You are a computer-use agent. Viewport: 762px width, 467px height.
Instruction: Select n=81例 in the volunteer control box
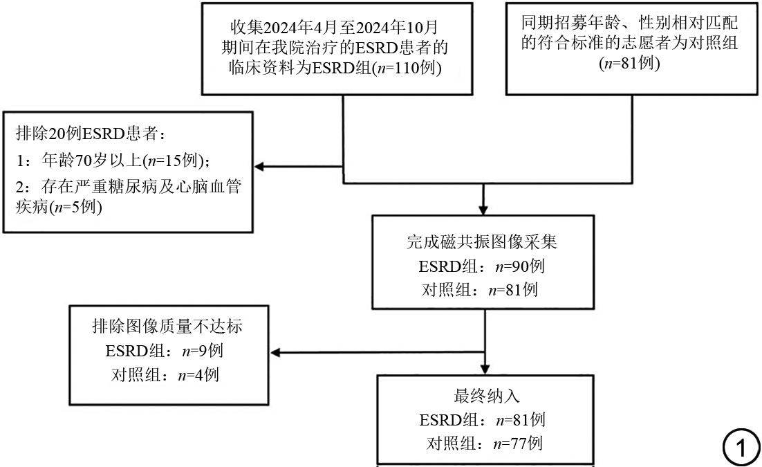coord(630,63)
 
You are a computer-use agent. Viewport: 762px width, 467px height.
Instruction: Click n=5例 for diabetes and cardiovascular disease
coord(77,208)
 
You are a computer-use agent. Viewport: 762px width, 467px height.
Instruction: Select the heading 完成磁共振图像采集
coord(482,241)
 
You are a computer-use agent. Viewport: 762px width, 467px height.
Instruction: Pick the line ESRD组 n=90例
coord(481,266)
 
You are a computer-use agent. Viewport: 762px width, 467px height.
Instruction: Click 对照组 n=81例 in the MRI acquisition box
coord(480,290)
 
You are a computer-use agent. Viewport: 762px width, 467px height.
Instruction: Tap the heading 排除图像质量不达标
coord(167,326)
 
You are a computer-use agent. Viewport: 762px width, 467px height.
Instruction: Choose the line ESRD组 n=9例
coord(165,350)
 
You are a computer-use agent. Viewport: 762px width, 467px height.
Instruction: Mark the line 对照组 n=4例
coord(165,374)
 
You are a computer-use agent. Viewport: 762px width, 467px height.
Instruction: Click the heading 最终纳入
coord(487,396)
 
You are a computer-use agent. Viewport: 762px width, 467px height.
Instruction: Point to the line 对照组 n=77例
coord(485,443)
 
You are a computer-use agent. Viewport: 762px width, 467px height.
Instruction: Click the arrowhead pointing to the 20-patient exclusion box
coord(259,167)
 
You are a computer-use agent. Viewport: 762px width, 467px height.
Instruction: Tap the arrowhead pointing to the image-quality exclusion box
coord(275,352)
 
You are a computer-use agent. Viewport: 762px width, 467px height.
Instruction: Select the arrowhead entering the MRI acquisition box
coord(483,210)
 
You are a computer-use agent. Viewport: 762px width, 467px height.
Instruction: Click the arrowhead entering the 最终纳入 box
coord(485,369)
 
